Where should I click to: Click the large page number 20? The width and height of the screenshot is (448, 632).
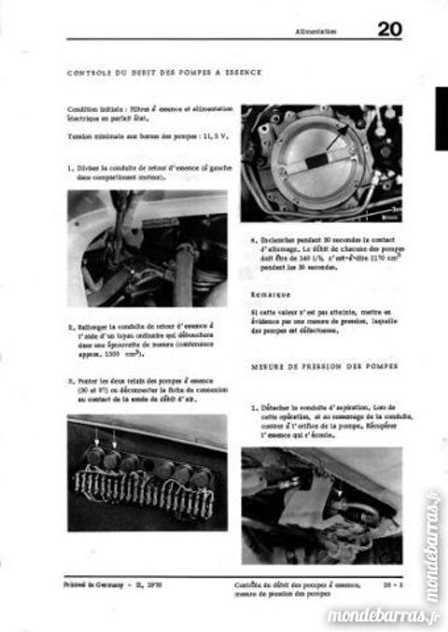tap(391, 30)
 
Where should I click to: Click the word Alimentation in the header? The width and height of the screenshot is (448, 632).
tap(315, 32)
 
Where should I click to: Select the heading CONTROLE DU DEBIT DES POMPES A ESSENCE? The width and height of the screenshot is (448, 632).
tap(165, 72)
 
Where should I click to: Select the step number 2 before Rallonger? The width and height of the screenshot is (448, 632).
tap(70, 327)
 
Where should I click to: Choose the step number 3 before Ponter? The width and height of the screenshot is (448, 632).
tap(70, 380)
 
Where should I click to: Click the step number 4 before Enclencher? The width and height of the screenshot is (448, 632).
tap(253, 238)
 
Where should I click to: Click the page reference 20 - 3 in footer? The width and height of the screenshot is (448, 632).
tap(392, 580)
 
